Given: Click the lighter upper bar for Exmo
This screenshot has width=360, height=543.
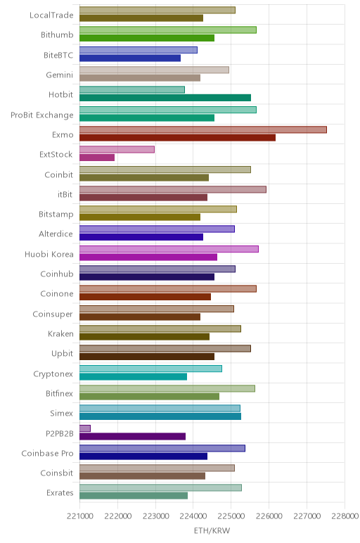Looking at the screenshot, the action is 203,129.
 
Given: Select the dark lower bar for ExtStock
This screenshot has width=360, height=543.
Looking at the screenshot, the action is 97,158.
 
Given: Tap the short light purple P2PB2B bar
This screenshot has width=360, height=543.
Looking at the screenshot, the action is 85,428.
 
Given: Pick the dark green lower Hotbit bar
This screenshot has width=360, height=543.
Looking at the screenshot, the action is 165,98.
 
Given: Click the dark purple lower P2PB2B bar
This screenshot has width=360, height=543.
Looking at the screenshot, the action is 133,436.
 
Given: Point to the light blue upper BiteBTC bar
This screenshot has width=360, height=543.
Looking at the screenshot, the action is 139,50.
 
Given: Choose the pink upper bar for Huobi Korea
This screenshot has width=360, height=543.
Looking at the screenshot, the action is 169,249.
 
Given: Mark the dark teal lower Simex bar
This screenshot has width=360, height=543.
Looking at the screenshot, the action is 160,416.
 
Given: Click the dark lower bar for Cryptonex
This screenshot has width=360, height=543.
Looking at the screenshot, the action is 134,376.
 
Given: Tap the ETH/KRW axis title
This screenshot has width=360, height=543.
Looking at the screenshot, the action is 212,530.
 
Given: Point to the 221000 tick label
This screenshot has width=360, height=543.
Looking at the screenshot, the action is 80,516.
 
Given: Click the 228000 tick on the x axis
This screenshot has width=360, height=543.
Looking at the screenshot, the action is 345,516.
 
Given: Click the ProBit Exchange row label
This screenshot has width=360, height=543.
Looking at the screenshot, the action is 42,115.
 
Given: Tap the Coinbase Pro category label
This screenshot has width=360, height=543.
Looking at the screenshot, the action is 47,453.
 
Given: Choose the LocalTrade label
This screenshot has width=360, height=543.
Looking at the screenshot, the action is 51,15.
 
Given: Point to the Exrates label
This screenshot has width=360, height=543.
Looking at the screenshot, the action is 60,493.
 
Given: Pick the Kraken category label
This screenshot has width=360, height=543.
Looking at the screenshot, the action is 61,334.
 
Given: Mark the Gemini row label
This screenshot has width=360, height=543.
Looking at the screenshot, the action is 60,75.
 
